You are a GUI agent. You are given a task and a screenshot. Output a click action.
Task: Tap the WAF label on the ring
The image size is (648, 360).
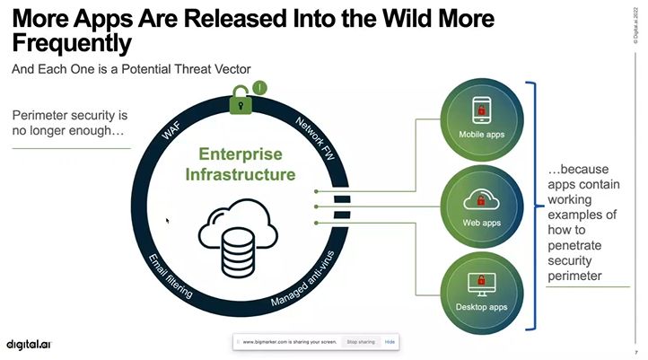tap(173, 130)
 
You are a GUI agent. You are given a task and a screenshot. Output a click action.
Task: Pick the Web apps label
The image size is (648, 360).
tap(481, 221)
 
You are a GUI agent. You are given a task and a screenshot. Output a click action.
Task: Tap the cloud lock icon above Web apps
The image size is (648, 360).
tap(481, 198)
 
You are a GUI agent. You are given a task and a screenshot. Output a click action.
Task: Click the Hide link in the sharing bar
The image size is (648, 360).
tap(390, 342)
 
